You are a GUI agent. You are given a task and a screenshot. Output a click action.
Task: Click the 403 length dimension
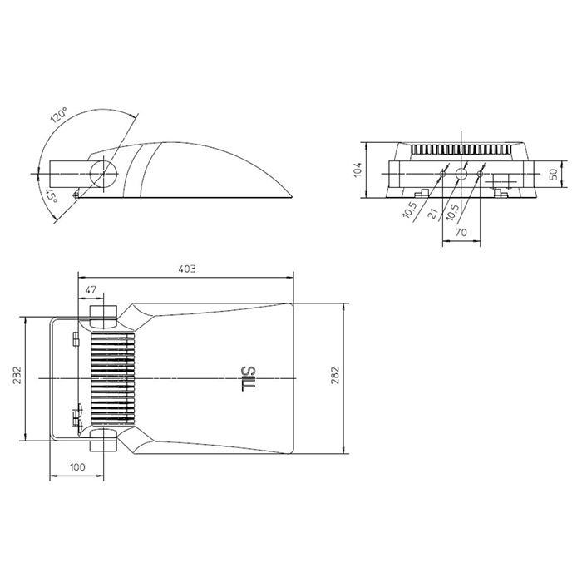click(187, 269)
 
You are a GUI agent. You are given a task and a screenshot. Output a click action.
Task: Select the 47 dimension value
click(91, 289)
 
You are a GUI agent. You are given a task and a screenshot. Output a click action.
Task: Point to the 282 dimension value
click(335, 375)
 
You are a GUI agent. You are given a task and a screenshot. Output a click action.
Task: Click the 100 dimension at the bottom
click(77, 466)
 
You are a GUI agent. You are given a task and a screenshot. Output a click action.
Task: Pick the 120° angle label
click(59, 115)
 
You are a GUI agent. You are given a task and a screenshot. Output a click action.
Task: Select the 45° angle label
click(52, 195)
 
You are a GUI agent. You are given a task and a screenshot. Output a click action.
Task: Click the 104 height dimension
click(358, 170)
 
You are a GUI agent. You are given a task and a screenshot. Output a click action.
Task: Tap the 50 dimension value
click(553, 174)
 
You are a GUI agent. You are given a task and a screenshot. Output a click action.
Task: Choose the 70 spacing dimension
click(461, 232)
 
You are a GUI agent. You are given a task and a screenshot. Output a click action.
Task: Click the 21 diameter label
click(433, 214)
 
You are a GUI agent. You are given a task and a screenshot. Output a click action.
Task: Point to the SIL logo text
click(248, 378)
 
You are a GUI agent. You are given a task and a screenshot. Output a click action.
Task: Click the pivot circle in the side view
click(104, 173)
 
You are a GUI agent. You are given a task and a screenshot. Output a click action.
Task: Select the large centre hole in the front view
click(461, 173)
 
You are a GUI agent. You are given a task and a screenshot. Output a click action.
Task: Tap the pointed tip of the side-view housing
click(293, 197)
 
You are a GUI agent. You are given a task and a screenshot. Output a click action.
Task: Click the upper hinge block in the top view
click(104, 317)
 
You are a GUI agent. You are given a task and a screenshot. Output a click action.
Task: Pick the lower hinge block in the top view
click(104, 440)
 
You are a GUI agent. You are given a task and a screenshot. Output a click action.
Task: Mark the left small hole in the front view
click(442, 174)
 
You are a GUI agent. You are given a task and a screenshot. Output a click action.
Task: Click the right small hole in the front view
click(481, 173)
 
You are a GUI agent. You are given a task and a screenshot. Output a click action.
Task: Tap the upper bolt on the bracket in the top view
click(76, 339)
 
